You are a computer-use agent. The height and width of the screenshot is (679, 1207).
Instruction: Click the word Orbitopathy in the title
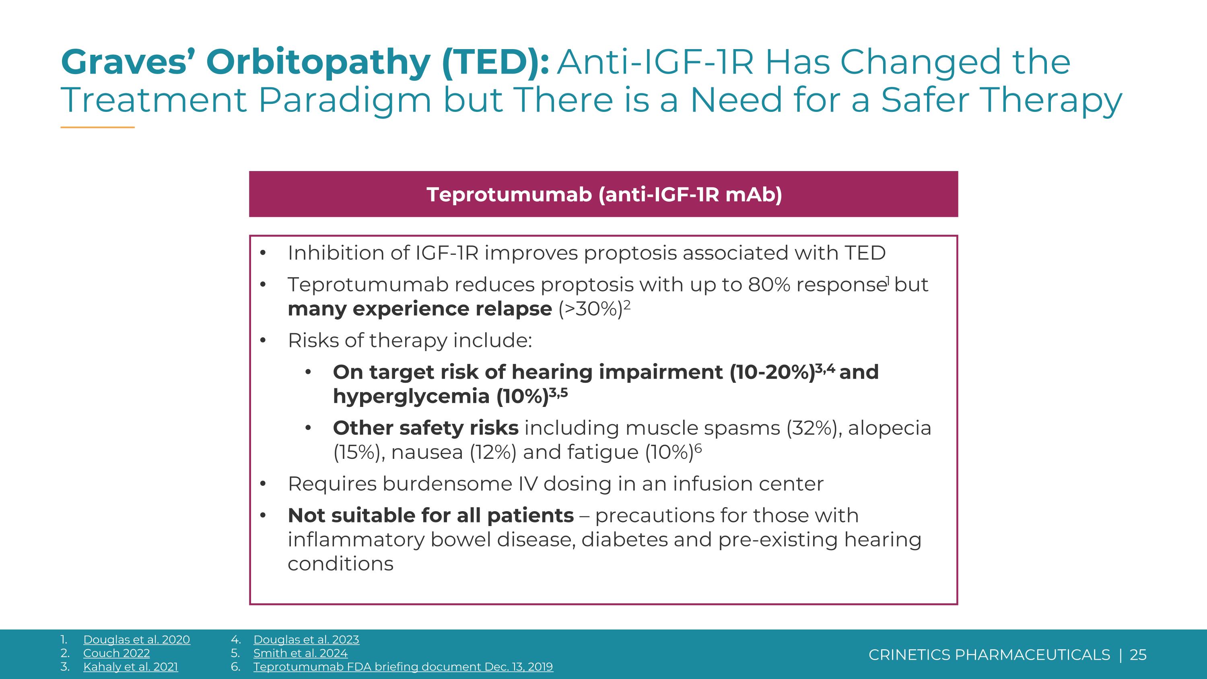click(x=318, y=62)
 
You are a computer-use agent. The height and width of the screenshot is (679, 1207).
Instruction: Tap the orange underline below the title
click(x=97, y=127)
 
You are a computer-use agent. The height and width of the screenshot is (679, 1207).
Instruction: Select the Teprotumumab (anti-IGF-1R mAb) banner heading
click(x=604, y=194)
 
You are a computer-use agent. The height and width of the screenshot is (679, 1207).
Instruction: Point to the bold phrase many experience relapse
click(x=419, y=309)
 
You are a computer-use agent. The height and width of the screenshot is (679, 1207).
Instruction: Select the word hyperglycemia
click(x=411, y=397)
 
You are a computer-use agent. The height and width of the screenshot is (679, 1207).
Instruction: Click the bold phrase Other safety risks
click(x=425, y=428)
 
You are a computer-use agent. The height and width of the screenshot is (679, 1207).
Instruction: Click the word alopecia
click(x=889, y=428)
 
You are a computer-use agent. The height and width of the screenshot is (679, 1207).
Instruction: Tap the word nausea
click(x=427, y=453)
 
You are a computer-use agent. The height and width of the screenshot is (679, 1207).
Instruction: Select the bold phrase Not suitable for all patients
click(x=430, y=516)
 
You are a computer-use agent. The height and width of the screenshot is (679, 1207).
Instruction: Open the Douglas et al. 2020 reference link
click(x=137, y=640)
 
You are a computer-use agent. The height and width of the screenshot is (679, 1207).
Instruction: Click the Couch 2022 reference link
click(x=117, y=653)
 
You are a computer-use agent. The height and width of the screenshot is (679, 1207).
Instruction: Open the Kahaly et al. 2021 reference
click(x=131, y=667)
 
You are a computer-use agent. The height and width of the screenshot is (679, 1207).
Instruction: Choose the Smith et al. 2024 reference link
click(x=301, y=653)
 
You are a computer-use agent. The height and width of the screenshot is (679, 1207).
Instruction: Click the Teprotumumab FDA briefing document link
click(x=403, y=667)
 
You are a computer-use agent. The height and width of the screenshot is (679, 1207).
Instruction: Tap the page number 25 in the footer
click(x=1138, y=654)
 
